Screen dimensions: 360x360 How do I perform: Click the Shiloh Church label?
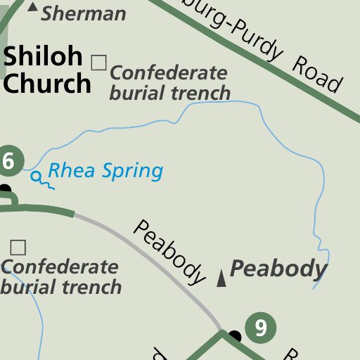point(46,70)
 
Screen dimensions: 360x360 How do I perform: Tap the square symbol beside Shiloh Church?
point(98,63)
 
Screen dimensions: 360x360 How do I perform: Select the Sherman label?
point(84,13)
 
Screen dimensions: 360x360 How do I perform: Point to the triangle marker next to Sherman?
point(32,6)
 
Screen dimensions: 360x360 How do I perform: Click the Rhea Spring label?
point(105,170)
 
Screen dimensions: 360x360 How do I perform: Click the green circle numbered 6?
point(7,161)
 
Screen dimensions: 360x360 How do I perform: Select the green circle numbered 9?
point(261,328)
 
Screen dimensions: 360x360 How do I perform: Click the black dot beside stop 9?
point(235,336)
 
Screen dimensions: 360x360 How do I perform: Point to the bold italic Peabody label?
point(278,269)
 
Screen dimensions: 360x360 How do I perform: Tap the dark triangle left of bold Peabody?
point(221,278)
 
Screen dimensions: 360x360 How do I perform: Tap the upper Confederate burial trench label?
point(169,82)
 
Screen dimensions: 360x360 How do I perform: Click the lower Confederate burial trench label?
point(60,277)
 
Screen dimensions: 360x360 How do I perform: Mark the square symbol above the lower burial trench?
point(18,247)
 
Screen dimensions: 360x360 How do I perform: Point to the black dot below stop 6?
point(5,189)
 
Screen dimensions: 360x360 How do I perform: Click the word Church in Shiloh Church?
point(47,83)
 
